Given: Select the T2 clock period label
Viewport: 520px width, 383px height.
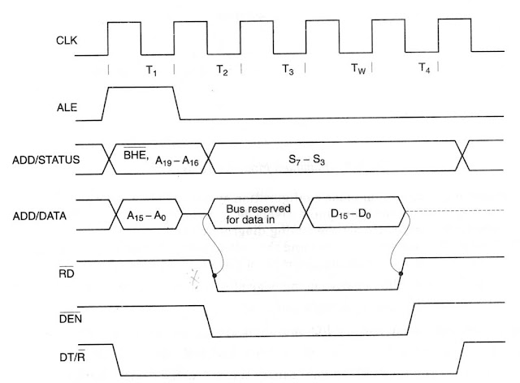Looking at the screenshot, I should click(x=223, y=71).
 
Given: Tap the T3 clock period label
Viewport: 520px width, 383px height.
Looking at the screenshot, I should click(x=288, y=71).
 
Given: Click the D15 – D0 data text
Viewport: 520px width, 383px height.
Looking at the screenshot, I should click(x=353, y=215).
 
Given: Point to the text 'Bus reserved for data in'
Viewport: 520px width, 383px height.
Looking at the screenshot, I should click(x=258, y=215).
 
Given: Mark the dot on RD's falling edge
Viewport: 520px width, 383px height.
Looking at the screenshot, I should click(x=215, y=275).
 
